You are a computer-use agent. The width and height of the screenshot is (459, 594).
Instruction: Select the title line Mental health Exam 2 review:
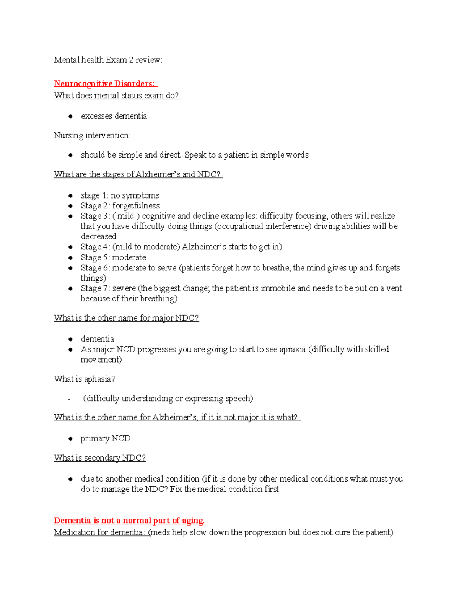click(108, 60)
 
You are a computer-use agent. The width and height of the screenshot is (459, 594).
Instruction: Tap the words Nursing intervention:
click(92, 136)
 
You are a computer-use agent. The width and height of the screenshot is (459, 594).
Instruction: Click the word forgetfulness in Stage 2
click(136, 206)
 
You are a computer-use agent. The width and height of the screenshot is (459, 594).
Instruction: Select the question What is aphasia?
click(84, 379)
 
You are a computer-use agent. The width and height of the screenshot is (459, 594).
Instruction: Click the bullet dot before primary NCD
click(70, 439)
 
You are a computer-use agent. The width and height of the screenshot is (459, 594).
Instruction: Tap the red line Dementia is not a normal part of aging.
click(129, 521)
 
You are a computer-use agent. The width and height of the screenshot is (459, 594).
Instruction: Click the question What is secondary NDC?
click(100, 458)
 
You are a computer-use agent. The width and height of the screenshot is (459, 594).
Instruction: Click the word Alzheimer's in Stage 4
click(204, 247)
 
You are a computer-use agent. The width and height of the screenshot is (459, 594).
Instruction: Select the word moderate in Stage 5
click(129, 257)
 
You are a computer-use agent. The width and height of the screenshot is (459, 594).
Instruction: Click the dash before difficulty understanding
click(69, 399)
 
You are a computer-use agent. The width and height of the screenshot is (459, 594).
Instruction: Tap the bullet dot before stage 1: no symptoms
click(70, 196)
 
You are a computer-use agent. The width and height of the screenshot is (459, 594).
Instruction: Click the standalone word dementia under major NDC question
click(97, 339)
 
